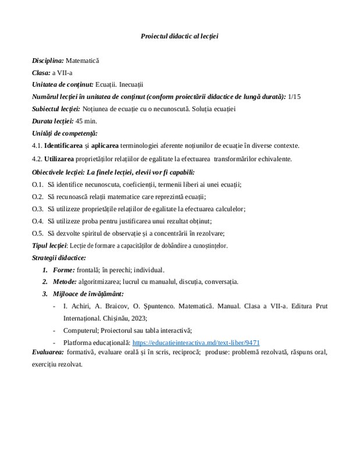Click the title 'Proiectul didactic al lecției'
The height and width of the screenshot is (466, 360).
[x=179, y=36]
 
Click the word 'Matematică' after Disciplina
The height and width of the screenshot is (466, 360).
[x=83, y=60]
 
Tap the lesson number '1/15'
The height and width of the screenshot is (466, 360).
[x=295, y=96]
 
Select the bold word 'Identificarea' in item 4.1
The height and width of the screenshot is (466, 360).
[x=66, y=145]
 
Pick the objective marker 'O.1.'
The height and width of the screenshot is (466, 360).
[x=38, y=185]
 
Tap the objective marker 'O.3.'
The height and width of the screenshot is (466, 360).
[x=38, y=209]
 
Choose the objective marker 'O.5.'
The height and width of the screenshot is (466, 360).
[x=38, y=233]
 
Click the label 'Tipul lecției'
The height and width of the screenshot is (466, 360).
[x=50, y=245]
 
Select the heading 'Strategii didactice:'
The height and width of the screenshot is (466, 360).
[x=59, y=257]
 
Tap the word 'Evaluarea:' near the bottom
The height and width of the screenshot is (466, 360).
[x=48, y=352]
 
